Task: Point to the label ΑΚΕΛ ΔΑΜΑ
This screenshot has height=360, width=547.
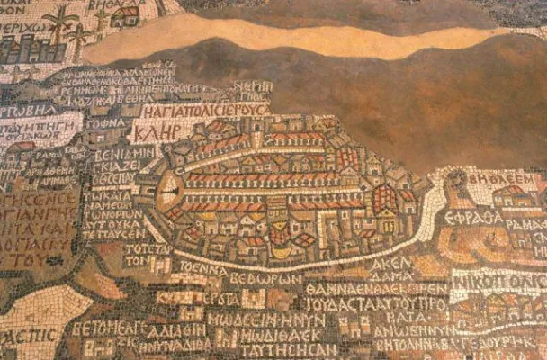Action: point(391,271)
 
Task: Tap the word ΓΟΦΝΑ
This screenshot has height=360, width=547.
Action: point(106,121)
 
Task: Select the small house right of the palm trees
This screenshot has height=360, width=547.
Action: point(125,15)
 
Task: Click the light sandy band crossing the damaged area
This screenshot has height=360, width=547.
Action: point(297,39)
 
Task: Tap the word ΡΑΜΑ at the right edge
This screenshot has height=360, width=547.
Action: point(531,223)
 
